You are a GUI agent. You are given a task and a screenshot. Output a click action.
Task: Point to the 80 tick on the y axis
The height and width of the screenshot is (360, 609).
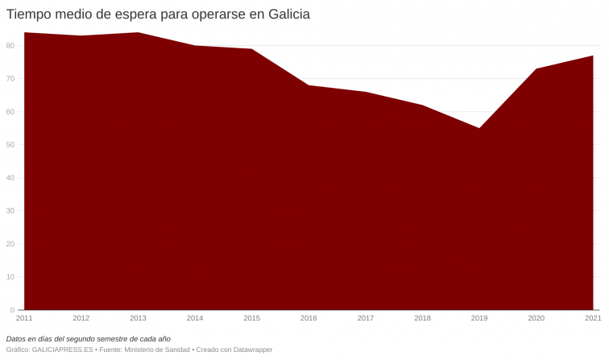click(x=10, y=46)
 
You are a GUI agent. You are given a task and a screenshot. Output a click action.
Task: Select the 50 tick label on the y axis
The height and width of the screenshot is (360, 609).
click(x=10, y=145)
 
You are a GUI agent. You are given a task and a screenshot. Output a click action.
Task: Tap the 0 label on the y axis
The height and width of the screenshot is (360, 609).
click(x=12, y=310)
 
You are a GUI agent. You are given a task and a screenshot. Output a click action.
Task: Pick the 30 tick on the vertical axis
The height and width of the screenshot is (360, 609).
click(x=10, y=211)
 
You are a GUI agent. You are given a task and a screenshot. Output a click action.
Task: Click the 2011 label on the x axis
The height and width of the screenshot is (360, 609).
click(x=24, y=318)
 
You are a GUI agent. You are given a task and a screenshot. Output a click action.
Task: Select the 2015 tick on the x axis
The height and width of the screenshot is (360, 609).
click(x=252, y=318)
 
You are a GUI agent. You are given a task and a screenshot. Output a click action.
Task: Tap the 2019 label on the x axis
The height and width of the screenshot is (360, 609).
click(x=479, y=318)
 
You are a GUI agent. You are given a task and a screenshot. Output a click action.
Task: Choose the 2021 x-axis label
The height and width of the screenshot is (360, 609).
click(x=593, y=318)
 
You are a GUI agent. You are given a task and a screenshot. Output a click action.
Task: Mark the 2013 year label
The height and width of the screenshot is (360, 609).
click(x=138, y=318)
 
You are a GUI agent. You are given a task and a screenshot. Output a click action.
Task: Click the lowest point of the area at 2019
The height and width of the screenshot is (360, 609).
click(x=479, y=128)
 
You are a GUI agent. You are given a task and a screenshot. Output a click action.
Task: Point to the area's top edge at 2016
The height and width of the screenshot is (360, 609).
click(x=309, y=85)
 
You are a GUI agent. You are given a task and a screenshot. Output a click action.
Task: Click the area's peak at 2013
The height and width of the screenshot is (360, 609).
click(x=138, y=33)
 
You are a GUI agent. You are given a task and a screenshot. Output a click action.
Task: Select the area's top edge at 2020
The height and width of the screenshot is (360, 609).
click(x=536, y=69)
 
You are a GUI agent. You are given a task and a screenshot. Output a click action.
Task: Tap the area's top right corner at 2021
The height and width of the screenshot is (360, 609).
click(x=593, y=56)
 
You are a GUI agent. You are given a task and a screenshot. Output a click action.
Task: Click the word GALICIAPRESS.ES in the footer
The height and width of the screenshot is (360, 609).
click(x=62, y=350)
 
